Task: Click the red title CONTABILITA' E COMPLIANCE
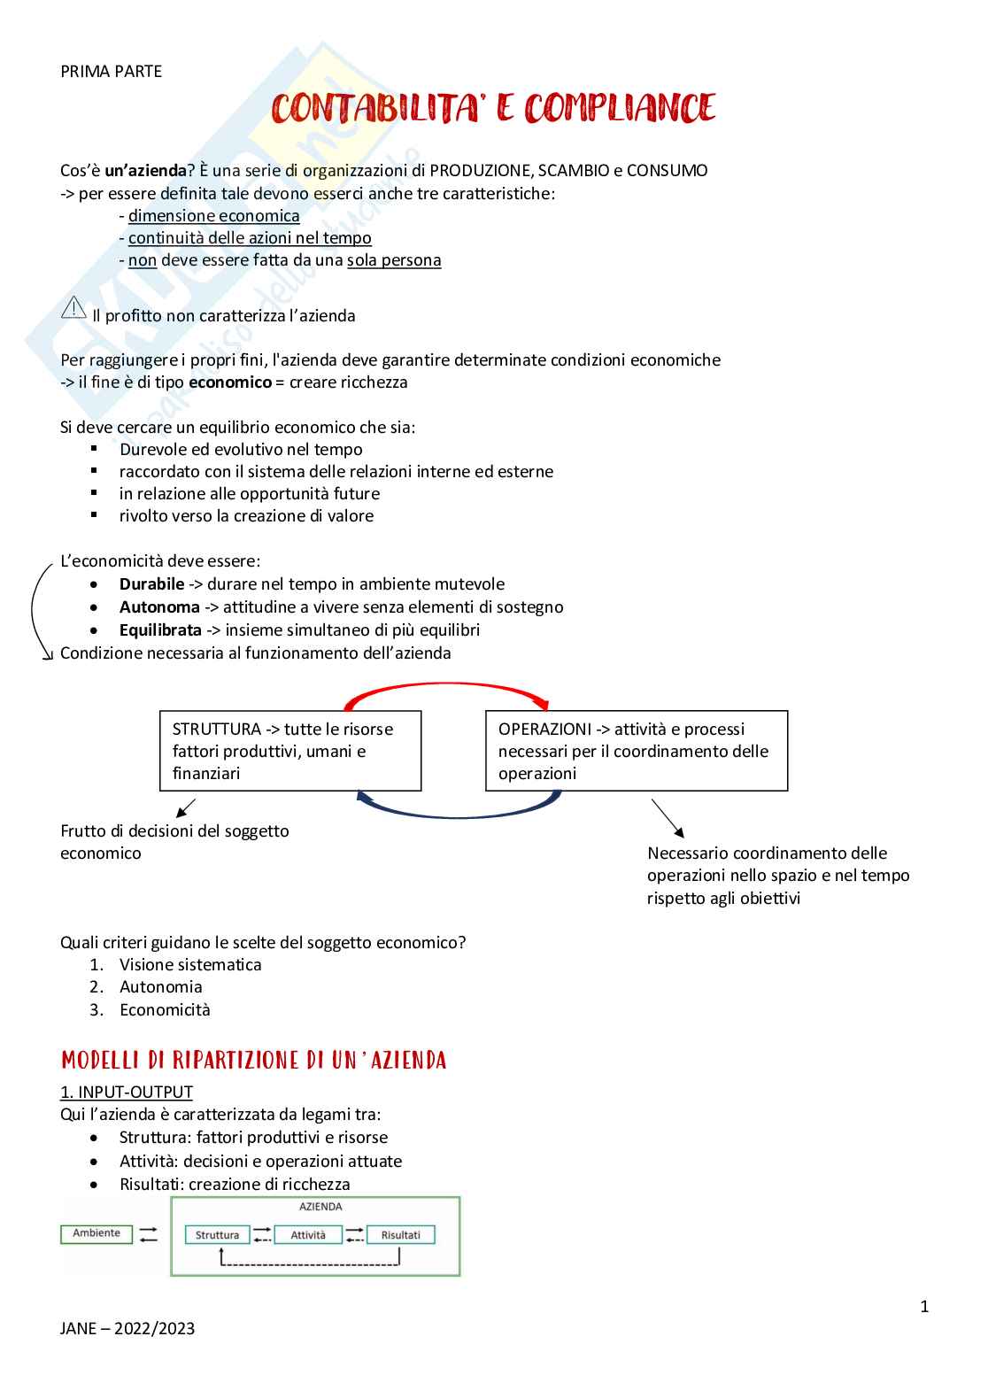coord(493,109)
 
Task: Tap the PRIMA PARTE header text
coord(111,72)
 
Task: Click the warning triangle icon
coord(73,308)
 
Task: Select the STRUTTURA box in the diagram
coord(289,751)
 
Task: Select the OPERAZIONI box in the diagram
coord(636,751)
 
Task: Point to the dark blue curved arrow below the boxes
coord(459,807)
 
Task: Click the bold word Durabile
coord(151,584)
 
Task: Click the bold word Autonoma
coord(159,607)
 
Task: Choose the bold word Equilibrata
coord(160,630)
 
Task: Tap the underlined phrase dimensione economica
coord(213,216)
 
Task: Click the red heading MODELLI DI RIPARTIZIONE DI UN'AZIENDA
coord(253,1060)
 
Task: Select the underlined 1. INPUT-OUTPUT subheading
coord(126,1093)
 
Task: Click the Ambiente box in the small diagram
coord(96,1233)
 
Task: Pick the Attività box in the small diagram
coord(308,1235)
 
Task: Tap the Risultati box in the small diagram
coord(400,1235)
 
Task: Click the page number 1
coord(924,1307)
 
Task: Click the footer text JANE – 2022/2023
coord(127,1329)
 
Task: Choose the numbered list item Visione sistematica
coord(190,965)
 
